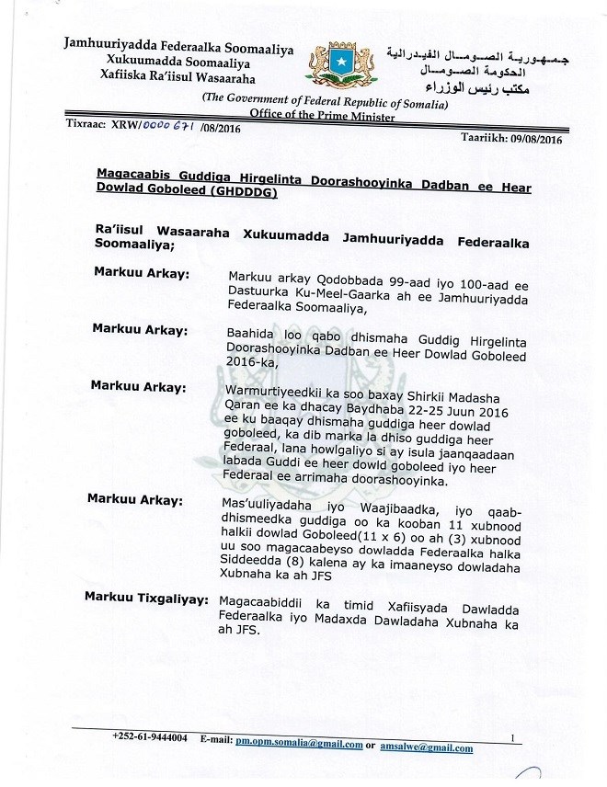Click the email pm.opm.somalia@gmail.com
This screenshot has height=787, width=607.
pyautogui.click(x=298, y=741)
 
